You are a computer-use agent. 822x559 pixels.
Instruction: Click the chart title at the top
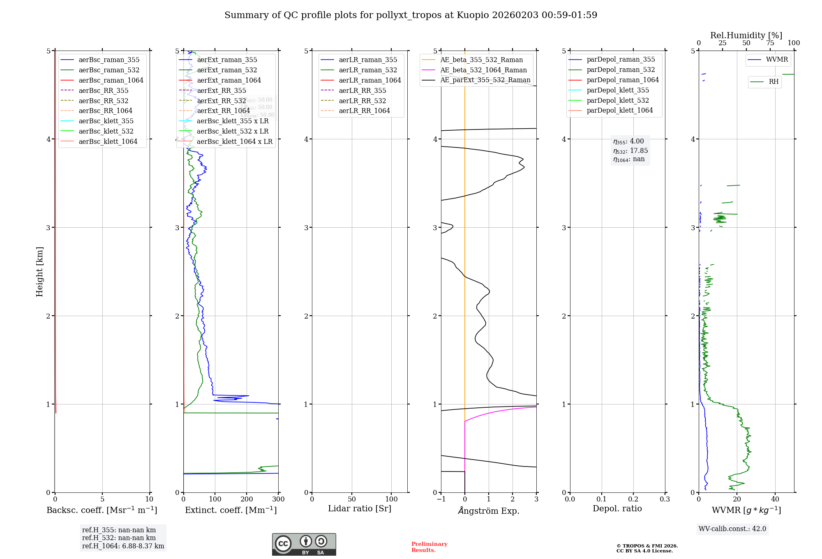[x=411, y=15]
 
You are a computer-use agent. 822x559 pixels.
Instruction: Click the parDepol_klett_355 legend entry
[x=618, y=90]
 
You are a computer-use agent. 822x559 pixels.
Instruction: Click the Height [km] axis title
[x=39, y=272]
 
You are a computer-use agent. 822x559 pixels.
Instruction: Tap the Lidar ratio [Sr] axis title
[x=360, y=508]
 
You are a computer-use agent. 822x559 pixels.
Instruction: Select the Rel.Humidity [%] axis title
[x=746, y=35]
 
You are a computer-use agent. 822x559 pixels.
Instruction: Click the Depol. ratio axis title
[x=617, y=508]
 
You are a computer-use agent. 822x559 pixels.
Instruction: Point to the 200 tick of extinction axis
[x=247, y=499]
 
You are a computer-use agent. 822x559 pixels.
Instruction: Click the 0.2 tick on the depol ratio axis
[x=633, y=499]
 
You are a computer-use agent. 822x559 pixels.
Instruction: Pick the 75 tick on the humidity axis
[x=770, y=43]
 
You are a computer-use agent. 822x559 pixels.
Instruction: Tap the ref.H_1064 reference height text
[x=123, y=546]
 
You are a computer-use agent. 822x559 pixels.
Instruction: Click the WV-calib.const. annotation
[x=732, y=529]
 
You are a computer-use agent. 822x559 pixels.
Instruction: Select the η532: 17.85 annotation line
[x=630, y=150]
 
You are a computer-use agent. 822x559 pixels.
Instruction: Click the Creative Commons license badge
[x=304, y=544]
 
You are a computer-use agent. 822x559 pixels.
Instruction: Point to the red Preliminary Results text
[x=429, y=547]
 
